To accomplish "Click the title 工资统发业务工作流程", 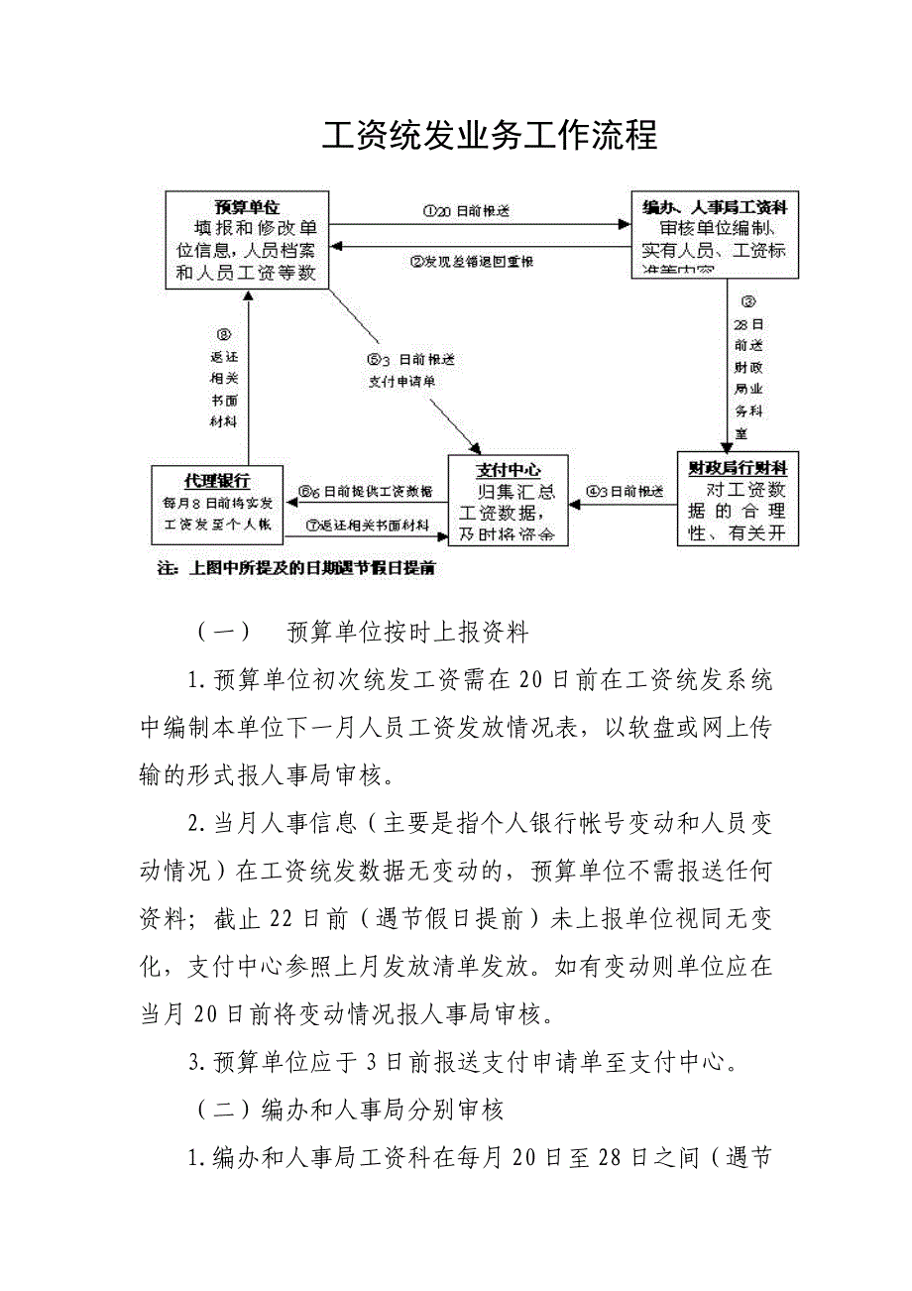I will [489, 136].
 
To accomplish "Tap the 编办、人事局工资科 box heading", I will [715, 207].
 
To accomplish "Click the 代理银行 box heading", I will [217, 480].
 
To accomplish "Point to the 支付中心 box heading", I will [508, 470].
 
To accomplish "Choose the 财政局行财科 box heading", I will [738, 465].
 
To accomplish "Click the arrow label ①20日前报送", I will [466, 211].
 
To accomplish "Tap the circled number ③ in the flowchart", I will [748, 301].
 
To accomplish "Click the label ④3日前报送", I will [625, 490].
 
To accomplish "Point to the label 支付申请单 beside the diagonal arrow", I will [400, 380].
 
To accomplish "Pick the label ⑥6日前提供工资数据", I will [367, 491].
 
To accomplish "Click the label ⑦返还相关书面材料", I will [367, 525].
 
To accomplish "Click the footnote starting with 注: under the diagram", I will [297, 569].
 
